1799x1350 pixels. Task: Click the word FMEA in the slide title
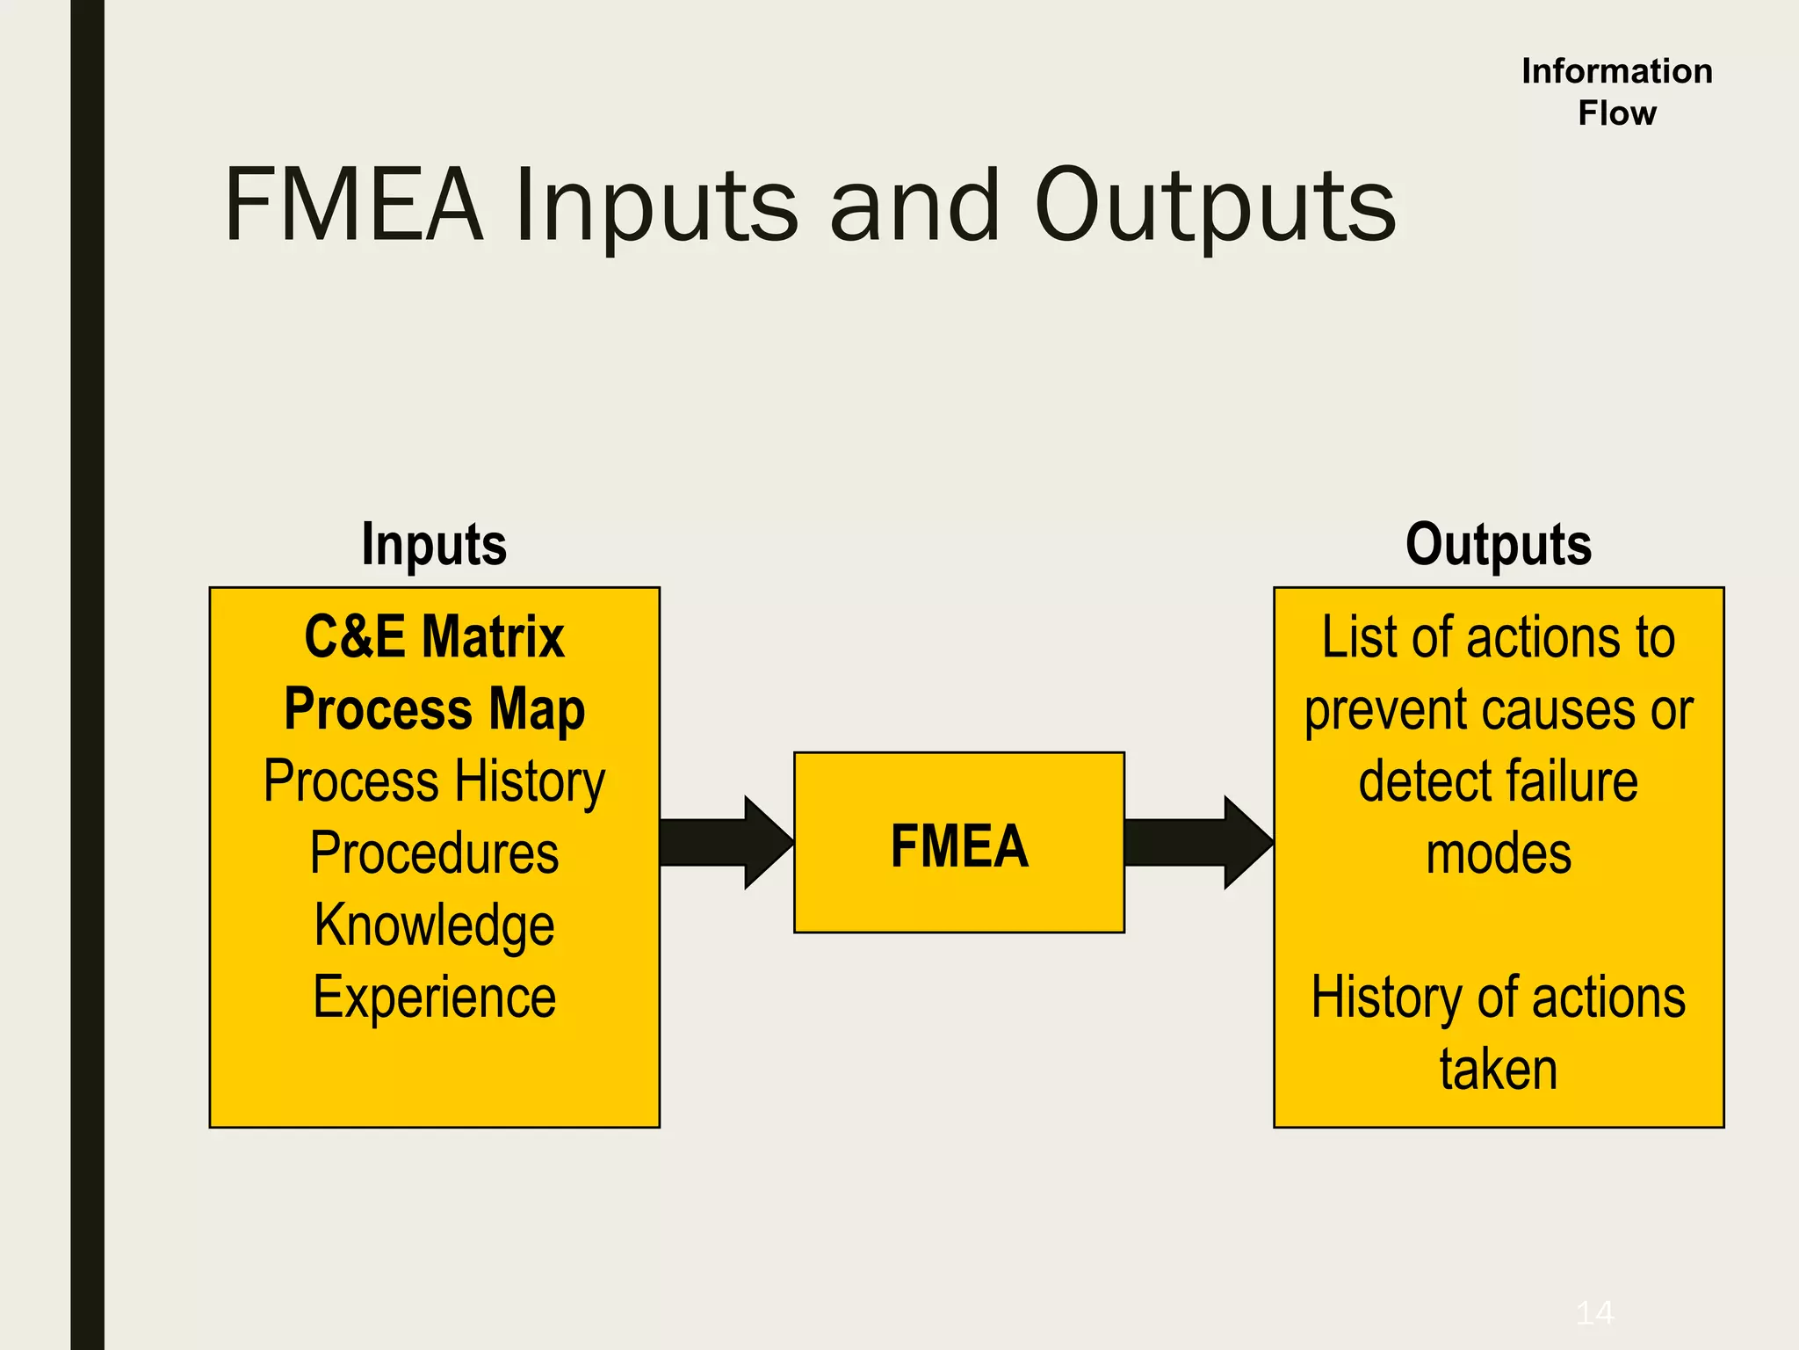[354, 206]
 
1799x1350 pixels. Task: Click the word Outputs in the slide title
[1215, 206]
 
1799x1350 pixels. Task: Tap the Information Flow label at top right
[1616, 91]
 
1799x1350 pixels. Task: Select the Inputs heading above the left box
[434, 544]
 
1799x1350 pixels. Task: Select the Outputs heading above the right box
[1498, 544]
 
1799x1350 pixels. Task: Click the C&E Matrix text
[434, 636]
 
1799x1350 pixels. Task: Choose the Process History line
[434, 781]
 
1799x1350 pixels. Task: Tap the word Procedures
[434, 853]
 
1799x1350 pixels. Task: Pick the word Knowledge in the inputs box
[434, 925]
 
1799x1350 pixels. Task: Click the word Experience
[434, 998]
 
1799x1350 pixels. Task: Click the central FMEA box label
[958, 846]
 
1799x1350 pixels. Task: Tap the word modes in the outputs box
[1498, 853]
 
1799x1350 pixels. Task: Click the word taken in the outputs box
[1498, 1070]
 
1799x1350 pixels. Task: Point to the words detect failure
[1498, 781]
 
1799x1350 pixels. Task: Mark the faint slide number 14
[1594, 1313]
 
